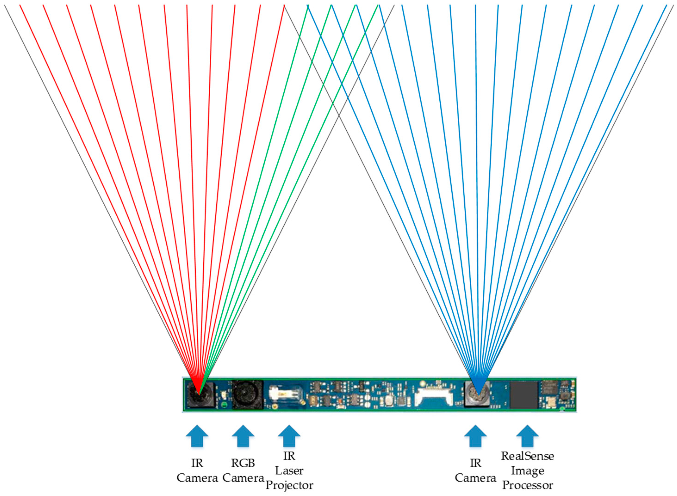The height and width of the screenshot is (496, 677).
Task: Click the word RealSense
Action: click(x=527, y=456)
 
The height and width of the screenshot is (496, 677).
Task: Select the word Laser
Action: click(x=289, y=471)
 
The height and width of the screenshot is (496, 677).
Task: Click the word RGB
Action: click(x=243, y=463)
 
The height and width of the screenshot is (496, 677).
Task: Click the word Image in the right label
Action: click(x=527, y=471)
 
